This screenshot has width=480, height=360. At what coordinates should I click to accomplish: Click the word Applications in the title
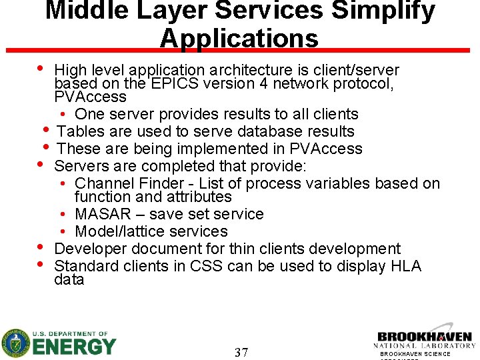pyautogui.click(x=239, y=38)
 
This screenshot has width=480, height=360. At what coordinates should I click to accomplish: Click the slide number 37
pyautogui.click(x=241, y=352)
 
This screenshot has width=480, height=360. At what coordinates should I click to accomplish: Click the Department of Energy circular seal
pyautogui.click(x=15, y=343)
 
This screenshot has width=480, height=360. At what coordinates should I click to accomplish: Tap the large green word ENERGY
pyautogui.click(x=74, y=347)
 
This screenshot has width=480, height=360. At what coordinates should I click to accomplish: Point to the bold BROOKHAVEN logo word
pyautogui.click(x=424, y=337)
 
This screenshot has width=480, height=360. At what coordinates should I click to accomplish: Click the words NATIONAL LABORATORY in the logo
pyautogui.click(x=424, y=346)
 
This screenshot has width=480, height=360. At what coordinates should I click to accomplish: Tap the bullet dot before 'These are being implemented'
pyautogui.click(x=46, y=146)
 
